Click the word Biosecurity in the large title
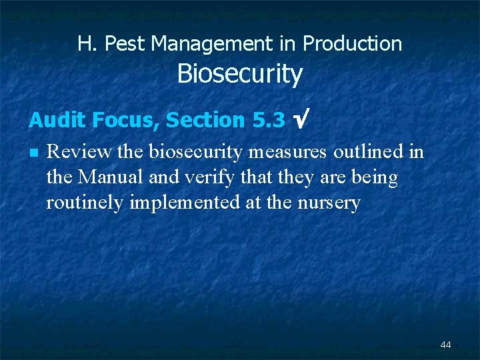[239, 74]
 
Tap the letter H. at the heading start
[85, 44]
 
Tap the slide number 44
[445, 345]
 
